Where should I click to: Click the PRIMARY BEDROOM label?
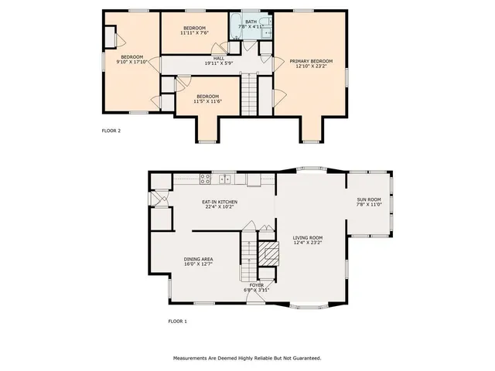pos(311,61)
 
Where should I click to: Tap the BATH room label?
pos(251,22)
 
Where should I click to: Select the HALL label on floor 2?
pos(219,58)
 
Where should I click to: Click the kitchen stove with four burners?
pos(206,180)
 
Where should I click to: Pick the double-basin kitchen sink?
pos(226,180)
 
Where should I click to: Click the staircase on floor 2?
pos(248,94)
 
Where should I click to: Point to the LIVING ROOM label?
pos(308,238)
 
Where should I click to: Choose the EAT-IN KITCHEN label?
pos(221,202)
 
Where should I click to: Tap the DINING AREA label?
pos(199,259)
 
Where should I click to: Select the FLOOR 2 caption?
pos(111,131)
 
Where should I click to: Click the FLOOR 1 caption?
pos(178,321)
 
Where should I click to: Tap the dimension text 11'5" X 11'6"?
pos(207,101)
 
